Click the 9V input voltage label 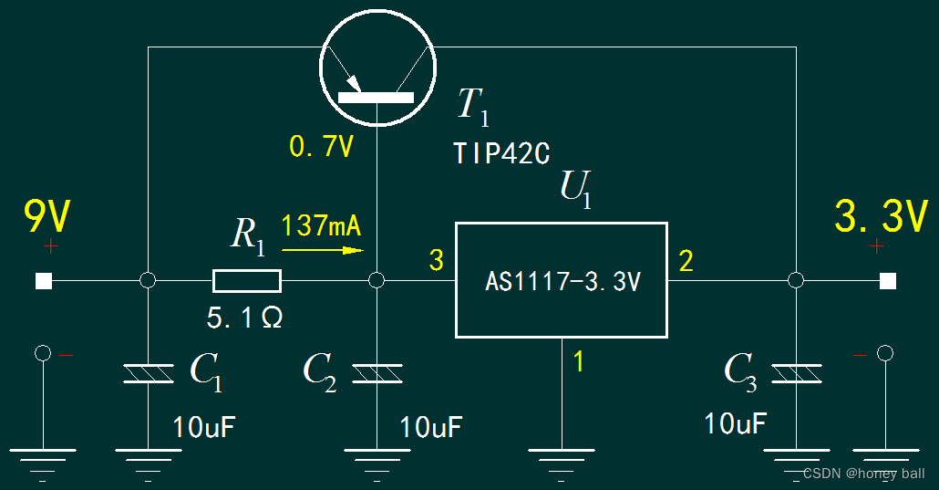pyautogui.click(x=47, y=217)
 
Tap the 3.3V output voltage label pyautogui.click(x=881, y=217)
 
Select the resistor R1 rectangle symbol pyautogui.click(x=247, y=280)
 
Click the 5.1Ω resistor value pyautogui.click(x=244, y=318)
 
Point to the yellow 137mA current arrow pyautogui.click(x=323, y=248)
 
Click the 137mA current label pyautogui.click(x=322, y=224)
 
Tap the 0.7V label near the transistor pyautogui.click(x=321, y=146)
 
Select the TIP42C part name pyautogui.click(x=501, y=153)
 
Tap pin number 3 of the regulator pyautogui.click(x=436, y=261)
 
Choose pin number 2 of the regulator pyautogui.click(x=686, y=262)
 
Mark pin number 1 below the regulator pyautogui.click(x=578, y=362)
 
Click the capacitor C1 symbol pyautogui.click(x=148, y=373)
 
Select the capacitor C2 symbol pyautogui.click(x=377, y=373)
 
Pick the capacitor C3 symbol pyautogui.click(x=796, y=373)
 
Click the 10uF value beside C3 pyautogui.click(x=735, y=422)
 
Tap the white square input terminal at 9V pyautogui.click(x=43, y=281)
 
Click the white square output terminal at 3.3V pyautogui.click(x=888, y=281)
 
